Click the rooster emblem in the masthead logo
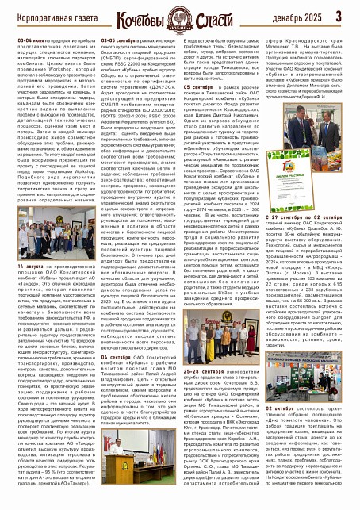[179, 13]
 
